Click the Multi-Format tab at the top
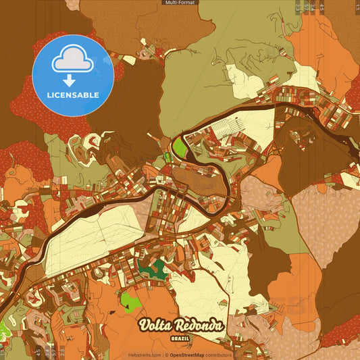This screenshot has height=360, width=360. [x=180, y=3]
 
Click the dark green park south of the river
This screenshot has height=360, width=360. [x=153, y=269]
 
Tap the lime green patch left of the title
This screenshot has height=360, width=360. [x=130, y=299]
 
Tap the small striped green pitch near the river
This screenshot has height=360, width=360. [x=167, y=157]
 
